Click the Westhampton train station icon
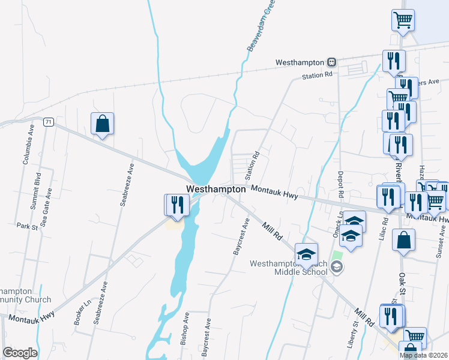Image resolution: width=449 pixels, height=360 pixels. tap(331, 62)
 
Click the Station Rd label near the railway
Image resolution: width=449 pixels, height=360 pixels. tap(317, 76)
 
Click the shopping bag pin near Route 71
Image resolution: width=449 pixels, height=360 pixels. tap(103, 124)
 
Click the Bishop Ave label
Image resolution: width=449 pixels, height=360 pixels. tap(185, 328)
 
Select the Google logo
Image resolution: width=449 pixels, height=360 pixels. tap(20, 353)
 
